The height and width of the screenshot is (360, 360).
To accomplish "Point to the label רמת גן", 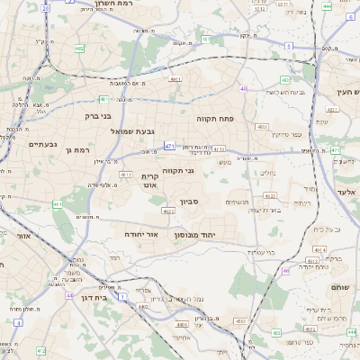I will [80, 148].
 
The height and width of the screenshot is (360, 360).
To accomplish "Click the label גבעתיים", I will [42, 144].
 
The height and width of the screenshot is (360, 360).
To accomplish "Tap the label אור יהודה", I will [141, 233].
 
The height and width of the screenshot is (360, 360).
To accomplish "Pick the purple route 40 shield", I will [243, 88].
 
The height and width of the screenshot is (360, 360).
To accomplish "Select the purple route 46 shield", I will [286, 270].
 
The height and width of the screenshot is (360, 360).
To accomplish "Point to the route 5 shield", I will [289, 45].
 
